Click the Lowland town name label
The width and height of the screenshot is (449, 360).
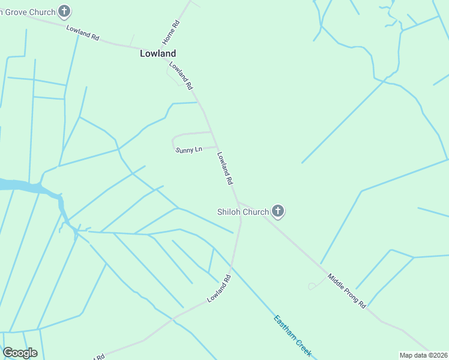(x=158, y=53)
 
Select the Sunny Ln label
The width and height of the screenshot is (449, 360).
(x=188, y=149)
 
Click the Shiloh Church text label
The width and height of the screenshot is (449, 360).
(x=243, y=211)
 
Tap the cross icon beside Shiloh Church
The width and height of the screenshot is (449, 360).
(x=277, y=211)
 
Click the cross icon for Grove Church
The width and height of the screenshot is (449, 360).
(x=65, y=11)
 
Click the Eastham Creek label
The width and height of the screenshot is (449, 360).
(x=292, y=335)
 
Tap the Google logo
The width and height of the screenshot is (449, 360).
(x=20, y=353)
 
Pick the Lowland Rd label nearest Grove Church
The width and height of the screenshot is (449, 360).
(x=83, y=32)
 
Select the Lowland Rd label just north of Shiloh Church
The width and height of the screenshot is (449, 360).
(x=224, y=167)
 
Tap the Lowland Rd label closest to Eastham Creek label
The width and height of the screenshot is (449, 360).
(x=219, y=289)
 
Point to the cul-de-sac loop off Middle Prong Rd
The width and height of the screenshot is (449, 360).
(x=313, y=286)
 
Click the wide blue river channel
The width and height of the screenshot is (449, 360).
(x=24, y=185)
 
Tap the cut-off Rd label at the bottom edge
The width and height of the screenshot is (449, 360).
(x=99, y=356)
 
